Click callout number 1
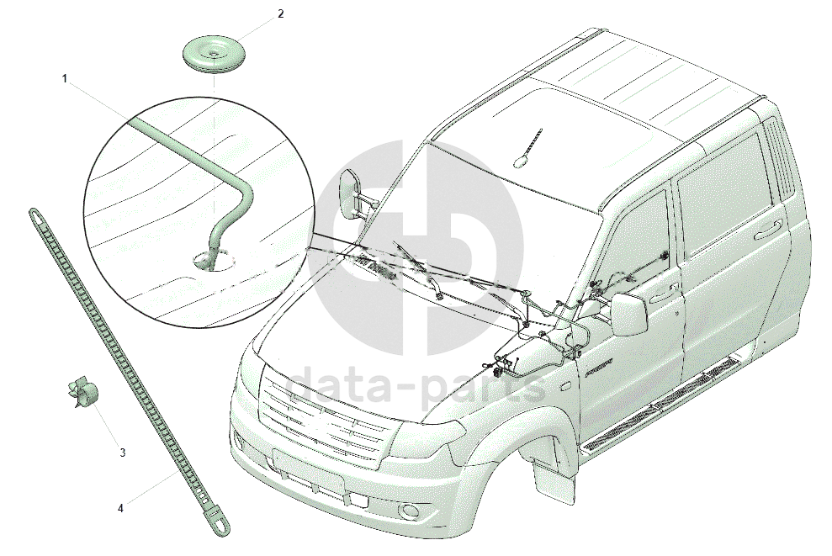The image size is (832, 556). [x=65, y=78]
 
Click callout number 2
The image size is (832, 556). [x=280, y=14]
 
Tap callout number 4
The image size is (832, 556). [x=120, y=508]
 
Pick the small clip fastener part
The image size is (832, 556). [x=82, y=392]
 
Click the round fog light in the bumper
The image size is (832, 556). [x=411, y=511]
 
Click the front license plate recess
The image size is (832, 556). [x=308, y=470]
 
